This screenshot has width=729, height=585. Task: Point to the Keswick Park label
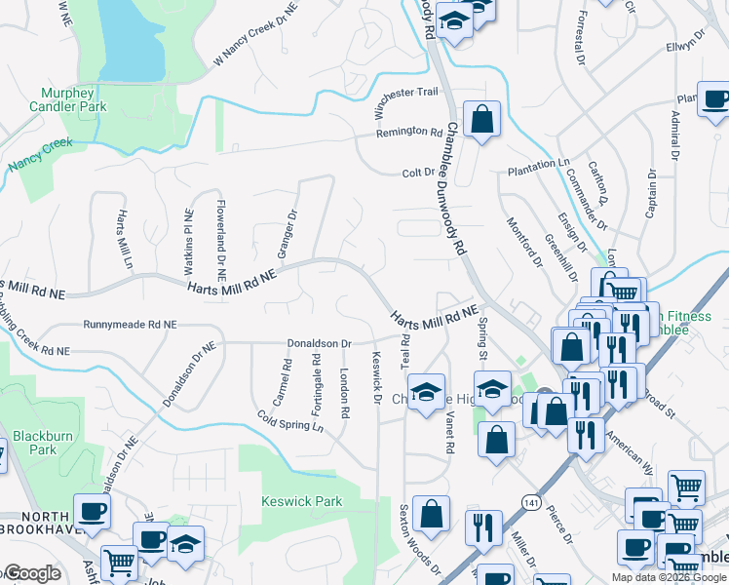(x=300, y=501)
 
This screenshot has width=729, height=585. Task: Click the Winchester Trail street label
(x=409, y=99)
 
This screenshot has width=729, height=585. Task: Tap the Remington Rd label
(x=409, y=132)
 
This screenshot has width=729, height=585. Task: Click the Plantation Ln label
(x=538, y=170)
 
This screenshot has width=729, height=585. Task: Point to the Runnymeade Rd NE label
(x=131, y=324)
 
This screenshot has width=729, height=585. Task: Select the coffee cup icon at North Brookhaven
(x=92, y=511)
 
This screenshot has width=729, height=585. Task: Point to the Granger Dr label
(x=287, y=234)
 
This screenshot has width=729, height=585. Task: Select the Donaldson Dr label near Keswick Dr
(x=318, y=344)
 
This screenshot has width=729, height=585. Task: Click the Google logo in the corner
(x=31, y=573)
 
